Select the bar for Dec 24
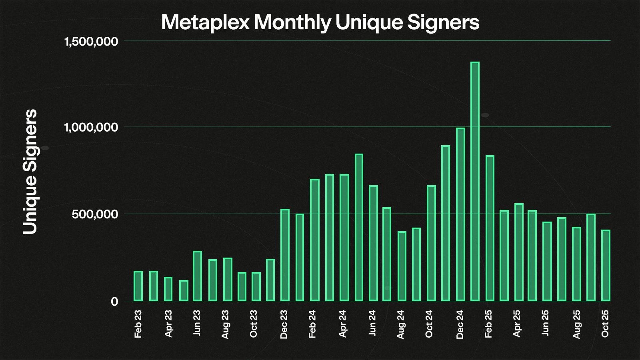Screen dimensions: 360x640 [x=460, y=214]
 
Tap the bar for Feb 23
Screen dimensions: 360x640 [x=138, y=286]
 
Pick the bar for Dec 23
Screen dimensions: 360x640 [x=285, y=255]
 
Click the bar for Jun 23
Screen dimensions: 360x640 [x=197, y=276]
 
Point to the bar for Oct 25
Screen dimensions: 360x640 [x=606, y=265]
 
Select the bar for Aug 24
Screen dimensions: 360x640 [x=402, y=266]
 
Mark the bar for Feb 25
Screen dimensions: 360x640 [x=490, y=228]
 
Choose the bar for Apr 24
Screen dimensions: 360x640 [x=344, y=238]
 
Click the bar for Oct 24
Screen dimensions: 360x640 [x=431, y=243]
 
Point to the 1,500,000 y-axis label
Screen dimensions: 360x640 [x=91, y=41]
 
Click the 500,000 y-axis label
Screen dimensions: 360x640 [x=95, y=214]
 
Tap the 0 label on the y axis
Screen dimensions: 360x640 [x=114, y=301]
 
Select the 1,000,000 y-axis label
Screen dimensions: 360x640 [x=91, y=128]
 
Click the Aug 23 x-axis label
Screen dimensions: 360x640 [x=225, y=324]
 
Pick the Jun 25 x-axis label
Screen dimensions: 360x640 [x=545, y=322]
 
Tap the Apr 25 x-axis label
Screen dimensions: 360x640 [x=517, y=323]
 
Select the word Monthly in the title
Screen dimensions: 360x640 [x=292, y=22]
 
